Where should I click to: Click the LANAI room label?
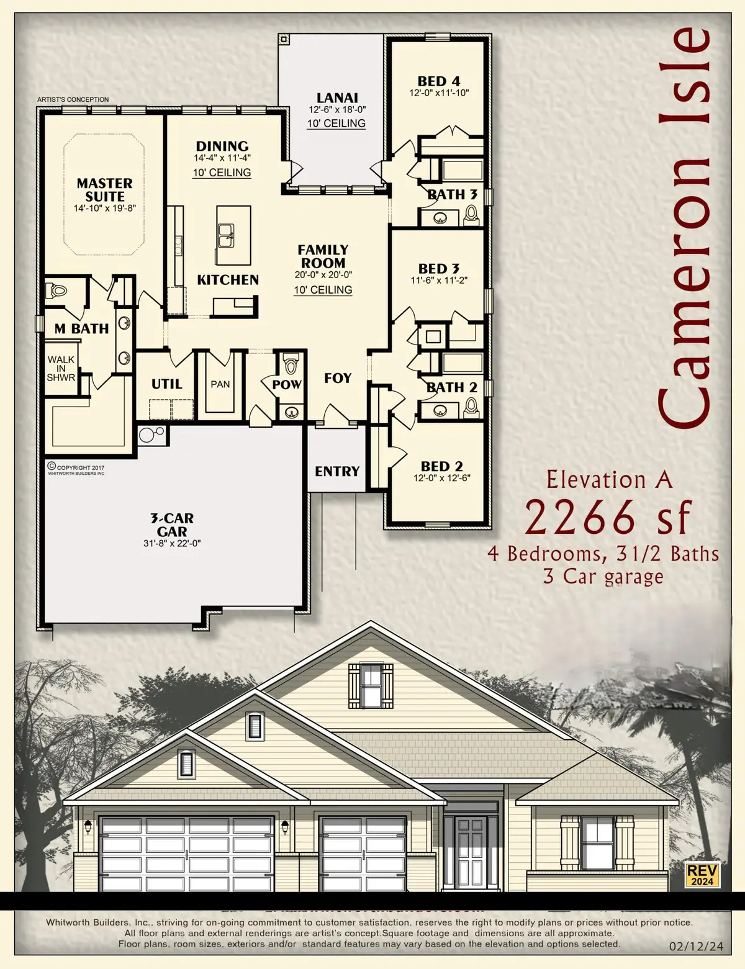click(337, 97)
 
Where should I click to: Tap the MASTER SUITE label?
click(104, 189)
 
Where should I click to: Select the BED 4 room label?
click(438, 81)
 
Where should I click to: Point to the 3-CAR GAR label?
click(172, 525)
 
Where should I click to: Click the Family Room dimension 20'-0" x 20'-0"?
click(323, 274)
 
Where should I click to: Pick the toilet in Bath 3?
click(471, 214)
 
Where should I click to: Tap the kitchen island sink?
click(227, 233)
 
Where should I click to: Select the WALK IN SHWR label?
click(61, 368)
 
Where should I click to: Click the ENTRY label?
click(337, 471)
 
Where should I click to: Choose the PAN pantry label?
click(220, 384)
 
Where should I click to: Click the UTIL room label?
click(167, 384)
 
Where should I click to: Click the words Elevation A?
click(609, 479)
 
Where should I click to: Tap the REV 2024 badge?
click(702, 874)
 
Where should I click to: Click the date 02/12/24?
click(697, 947)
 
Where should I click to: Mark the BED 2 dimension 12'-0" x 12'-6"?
click(442, 478)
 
